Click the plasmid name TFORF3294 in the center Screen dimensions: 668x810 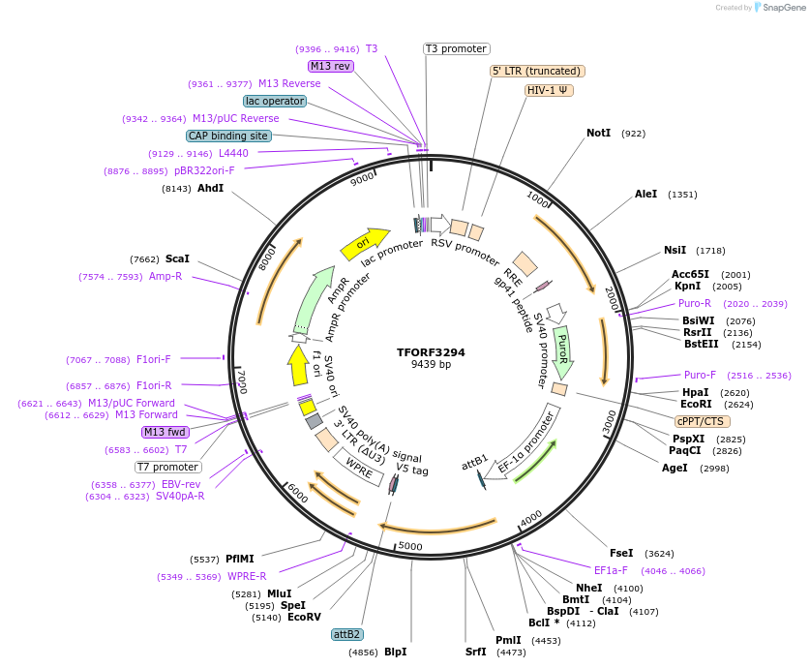(431, 352)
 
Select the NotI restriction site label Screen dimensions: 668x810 (598, 134)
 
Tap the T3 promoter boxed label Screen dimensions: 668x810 (457, 49)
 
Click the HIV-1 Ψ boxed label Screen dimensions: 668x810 (550, 90)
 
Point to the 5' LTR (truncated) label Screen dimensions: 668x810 (537, 71)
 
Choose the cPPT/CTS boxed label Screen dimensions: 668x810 (703, 421)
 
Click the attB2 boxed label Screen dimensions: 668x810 (346, 635)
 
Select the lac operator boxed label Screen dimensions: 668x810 (275, 101)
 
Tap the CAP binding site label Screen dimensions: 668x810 (228, 137)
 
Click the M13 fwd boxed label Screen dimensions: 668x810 (165, 432)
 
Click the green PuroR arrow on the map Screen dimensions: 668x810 (562, 349)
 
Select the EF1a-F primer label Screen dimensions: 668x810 (611, 570)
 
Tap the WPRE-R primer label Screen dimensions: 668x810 (247, 577)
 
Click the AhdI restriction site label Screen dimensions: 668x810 (210, 188)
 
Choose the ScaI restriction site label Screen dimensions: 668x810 (177, 259)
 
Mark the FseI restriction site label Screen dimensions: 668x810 (621, 554)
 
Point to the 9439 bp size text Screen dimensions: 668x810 (431, 365)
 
